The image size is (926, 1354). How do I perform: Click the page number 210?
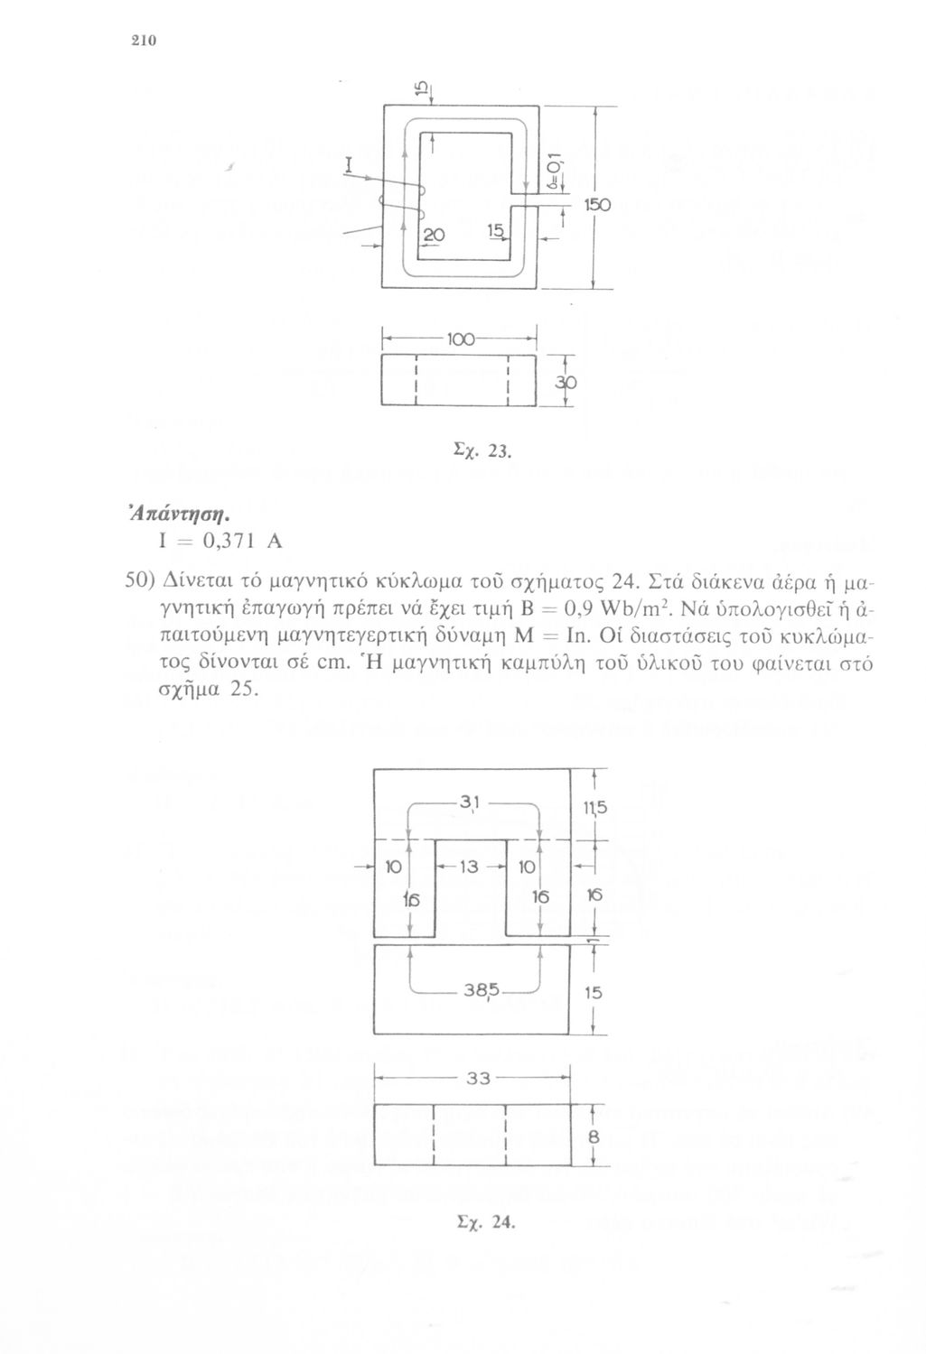click(x=144, y=41)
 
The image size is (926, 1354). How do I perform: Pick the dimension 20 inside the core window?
click(x=433, y=234)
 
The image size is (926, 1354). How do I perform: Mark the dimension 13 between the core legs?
click(x=469, y=867)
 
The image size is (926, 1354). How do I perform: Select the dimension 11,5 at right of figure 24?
click(x=594, y=807)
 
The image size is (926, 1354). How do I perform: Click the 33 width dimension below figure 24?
click(x=474, y=1077)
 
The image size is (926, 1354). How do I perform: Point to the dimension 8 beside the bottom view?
click(x=594, y=1138)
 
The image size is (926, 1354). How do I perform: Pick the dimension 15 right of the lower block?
click(x=593, y=992)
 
